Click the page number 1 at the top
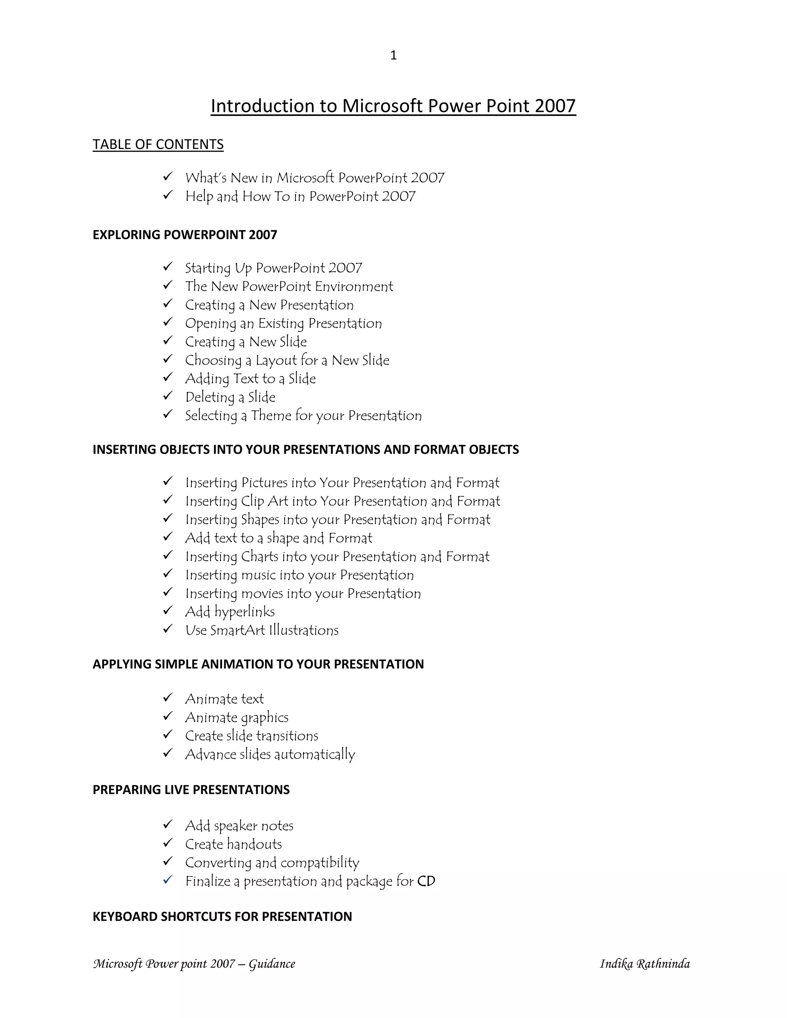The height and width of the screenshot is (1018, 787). click(x=393, y=55)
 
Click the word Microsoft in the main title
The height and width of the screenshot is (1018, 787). click(x=383, y=106)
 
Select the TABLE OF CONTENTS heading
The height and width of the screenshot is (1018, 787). click(x=158, y=144)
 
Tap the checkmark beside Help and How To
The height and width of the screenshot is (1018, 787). click(x=168, y=195)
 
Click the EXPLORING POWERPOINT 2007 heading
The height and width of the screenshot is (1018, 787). click(x=184, y=234)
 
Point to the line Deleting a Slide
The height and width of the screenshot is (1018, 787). click(x=230, y=397)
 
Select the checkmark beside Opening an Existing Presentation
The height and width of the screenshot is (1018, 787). click(x=168, y=322)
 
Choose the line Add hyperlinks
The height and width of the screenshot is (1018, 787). click(x=230, y=612)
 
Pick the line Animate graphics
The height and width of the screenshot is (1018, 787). click(x=236, y=717)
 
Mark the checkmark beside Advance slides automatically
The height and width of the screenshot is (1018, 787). click(x=168, y=753)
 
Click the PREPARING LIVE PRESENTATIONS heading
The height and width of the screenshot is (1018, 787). click(x=191, y=789)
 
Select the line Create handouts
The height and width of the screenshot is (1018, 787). click(x=233, y=844)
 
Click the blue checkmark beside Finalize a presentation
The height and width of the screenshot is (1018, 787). click(x=168, y=880)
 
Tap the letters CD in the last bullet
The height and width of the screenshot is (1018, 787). click(x=426, y=881)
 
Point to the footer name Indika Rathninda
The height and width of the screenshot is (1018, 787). click(x=644, y=963)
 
